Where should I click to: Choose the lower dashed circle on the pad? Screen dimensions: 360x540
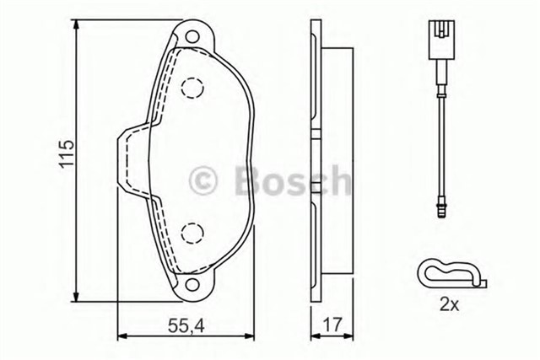point(192,233)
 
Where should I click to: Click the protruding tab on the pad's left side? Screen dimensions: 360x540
point(125,160)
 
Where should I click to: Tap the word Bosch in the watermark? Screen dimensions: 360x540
point(286,179)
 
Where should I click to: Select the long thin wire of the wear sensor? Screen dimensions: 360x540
point(437,126)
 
